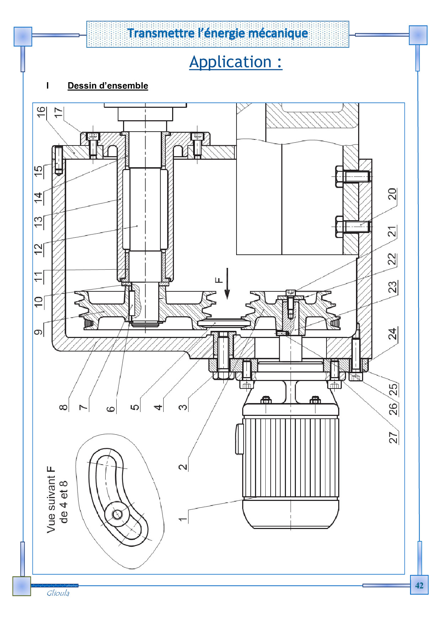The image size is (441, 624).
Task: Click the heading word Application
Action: [x=230, y=62]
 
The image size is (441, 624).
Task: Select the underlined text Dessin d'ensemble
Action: [x=108, y=86]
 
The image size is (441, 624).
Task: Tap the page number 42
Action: [x=419, y=585]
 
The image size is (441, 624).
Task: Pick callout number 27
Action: [x=393, y=437]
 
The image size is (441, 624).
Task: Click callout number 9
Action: [x=38, y=332]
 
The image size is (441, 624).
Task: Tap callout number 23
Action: [x=392, y=287]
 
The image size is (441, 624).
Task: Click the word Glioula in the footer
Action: [x=58, y=593]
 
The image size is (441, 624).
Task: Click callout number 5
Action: [x=135, y=407]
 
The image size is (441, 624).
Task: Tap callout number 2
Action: [x=182, y=467]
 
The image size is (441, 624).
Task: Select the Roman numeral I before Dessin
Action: [x=48, y=86]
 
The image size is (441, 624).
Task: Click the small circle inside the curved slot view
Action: [x=117, y=514]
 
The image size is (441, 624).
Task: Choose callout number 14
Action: [x=38, y=197]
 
